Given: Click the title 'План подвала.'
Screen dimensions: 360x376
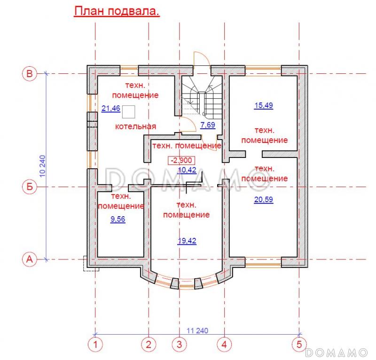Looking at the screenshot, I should pos(117,12).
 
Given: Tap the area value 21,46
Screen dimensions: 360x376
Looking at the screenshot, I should pos(111,109).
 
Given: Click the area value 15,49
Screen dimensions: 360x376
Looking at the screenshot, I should pos(263,106).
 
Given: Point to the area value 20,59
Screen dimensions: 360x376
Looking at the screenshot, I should pos(263,199).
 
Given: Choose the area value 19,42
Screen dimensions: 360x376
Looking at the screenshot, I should pos(187,241).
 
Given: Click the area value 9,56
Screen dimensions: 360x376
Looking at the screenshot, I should pos(117,219).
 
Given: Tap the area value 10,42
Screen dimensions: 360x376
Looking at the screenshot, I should pos(187,170).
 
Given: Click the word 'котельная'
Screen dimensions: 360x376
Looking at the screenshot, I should pos(136,127).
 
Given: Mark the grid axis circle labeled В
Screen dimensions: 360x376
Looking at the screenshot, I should pos(29,74).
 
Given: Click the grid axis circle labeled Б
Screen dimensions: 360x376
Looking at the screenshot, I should pos(29,187).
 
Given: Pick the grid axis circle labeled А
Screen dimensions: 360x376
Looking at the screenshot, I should pos(29,259).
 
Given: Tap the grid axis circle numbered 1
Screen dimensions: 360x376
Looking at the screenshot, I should pos(95,344).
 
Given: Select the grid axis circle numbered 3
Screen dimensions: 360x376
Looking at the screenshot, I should pos(179,344).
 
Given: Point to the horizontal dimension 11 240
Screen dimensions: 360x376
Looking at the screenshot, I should pos(197,330).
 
